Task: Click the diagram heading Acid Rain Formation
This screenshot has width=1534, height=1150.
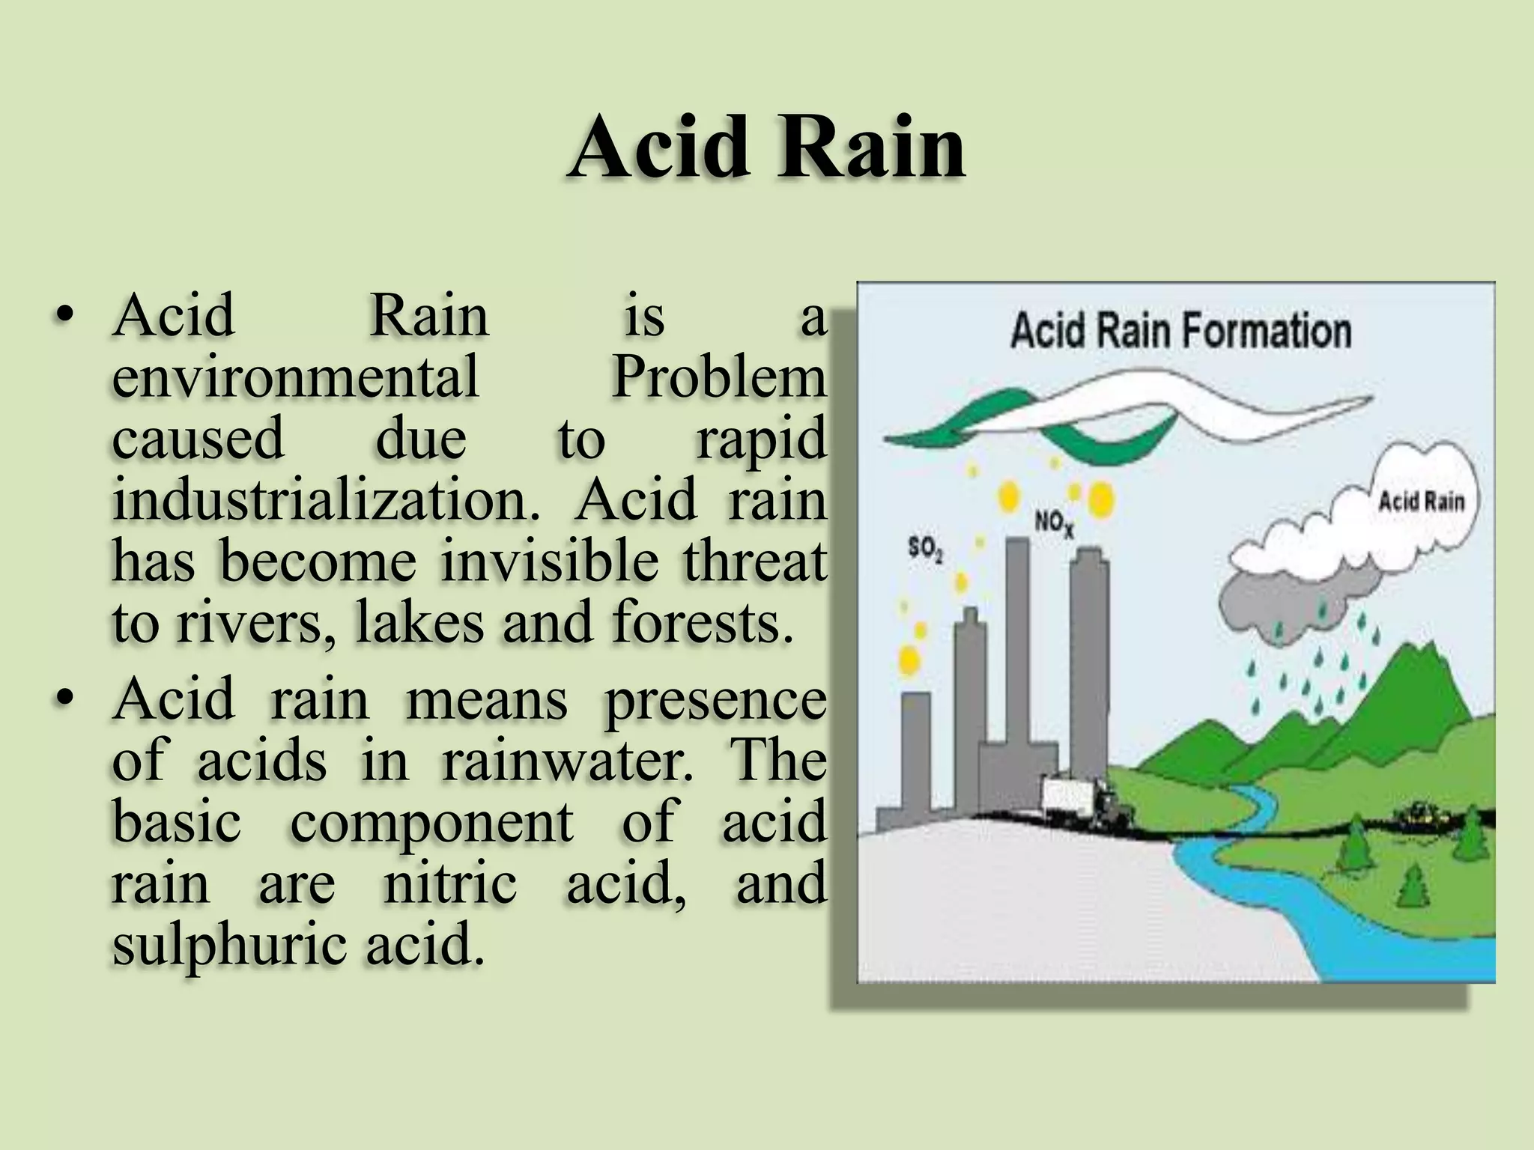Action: (x=1180, y=331)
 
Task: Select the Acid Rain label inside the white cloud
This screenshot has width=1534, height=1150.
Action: (x=1421, y=501)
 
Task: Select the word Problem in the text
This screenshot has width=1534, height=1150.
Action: (x=719, y=377)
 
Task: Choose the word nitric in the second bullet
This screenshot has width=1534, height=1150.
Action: (x=449, y=883)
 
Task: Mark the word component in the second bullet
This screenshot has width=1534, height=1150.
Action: (x=431, y=822)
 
